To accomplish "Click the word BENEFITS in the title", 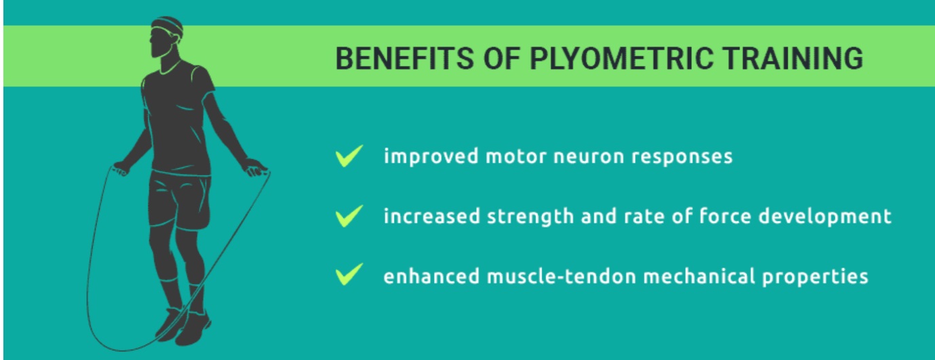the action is tap(405, 58).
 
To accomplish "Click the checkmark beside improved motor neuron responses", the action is tap(349, 156).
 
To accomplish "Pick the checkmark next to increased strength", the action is tap(349, 216).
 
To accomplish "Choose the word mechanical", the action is tap(699, 276).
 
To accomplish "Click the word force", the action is tap(725, 216).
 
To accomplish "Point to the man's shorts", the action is tap(179, 200).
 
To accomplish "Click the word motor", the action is tap(516, 157).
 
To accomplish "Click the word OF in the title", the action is tap(502, 58).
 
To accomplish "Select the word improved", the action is tap(431, 157).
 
